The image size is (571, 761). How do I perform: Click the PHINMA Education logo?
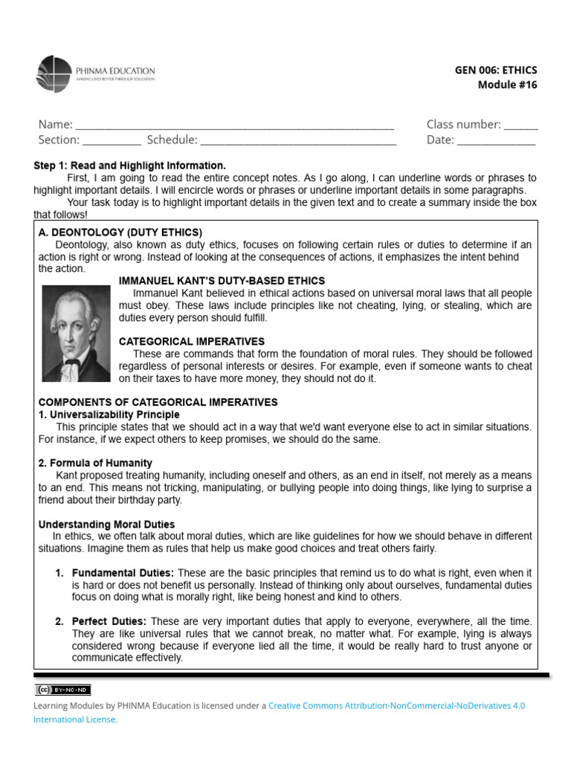pos(96,74)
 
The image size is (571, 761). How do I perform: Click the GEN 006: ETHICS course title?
pos(495,70)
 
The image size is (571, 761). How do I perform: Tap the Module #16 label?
pos(507,85)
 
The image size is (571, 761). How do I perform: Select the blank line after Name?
pos(235,125)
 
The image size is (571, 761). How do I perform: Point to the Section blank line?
pos(112,140)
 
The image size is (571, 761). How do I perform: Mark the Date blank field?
pos(496,140)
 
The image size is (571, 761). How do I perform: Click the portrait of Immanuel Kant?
pos(76,333)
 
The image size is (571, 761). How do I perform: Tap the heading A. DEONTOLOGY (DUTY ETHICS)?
pos(120,233)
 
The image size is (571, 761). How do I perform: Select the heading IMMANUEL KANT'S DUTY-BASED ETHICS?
pos(222,281)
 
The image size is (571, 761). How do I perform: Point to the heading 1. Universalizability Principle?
pos(109,414)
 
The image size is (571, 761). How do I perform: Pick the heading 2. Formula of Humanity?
pos(95,463)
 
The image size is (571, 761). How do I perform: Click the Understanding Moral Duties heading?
pos(106,524)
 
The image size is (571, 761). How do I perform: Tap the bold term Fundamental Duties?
pos(123,573)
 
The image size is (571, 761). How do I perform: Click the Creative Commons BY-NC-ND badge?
pos(63,690)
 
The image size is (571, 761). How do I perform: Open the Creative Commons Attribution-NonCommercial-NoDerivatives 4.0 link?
pos(396,705)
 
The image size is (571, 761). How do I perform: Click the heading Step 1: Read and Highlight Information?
pos(129,166)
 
